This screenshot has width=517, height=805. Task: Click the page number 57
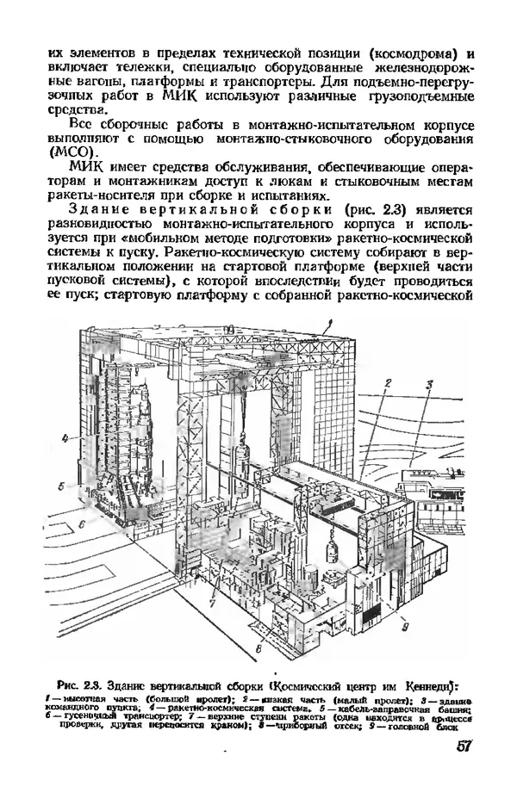pyautogui.click(x=466, y=745)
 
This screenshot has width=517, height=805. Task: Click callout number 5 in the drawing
pyautogui.click(x=60, y=486)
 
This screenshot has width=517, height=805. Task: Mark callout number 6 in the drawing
pyautogui.click(x=80, y=523)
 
